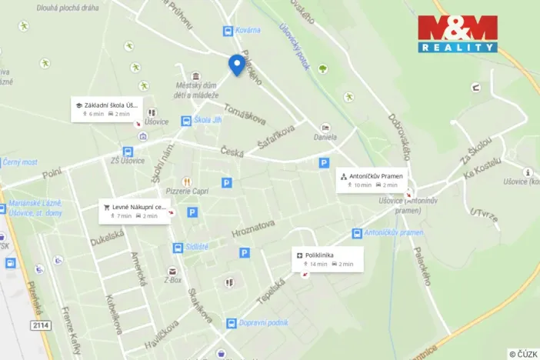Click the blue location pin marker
(236, 65)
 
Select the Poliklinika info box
(327, 258)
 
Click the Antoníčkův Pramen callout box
(371, 180)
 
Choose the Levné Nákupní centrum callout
(133, 211)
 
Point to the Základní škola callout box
(107, 108)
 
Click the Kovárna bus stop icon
(228, 31)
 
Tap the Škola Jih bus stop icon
(186, 121)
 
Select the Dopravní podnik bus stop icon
(231, 324)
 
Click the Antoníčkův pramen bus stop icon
(357, 233)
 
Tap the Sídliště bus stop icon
(178, 248)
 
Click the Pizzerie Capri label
(188, 191)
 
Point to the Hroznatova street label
(253, 229)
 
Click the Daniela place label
(325, 137)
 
